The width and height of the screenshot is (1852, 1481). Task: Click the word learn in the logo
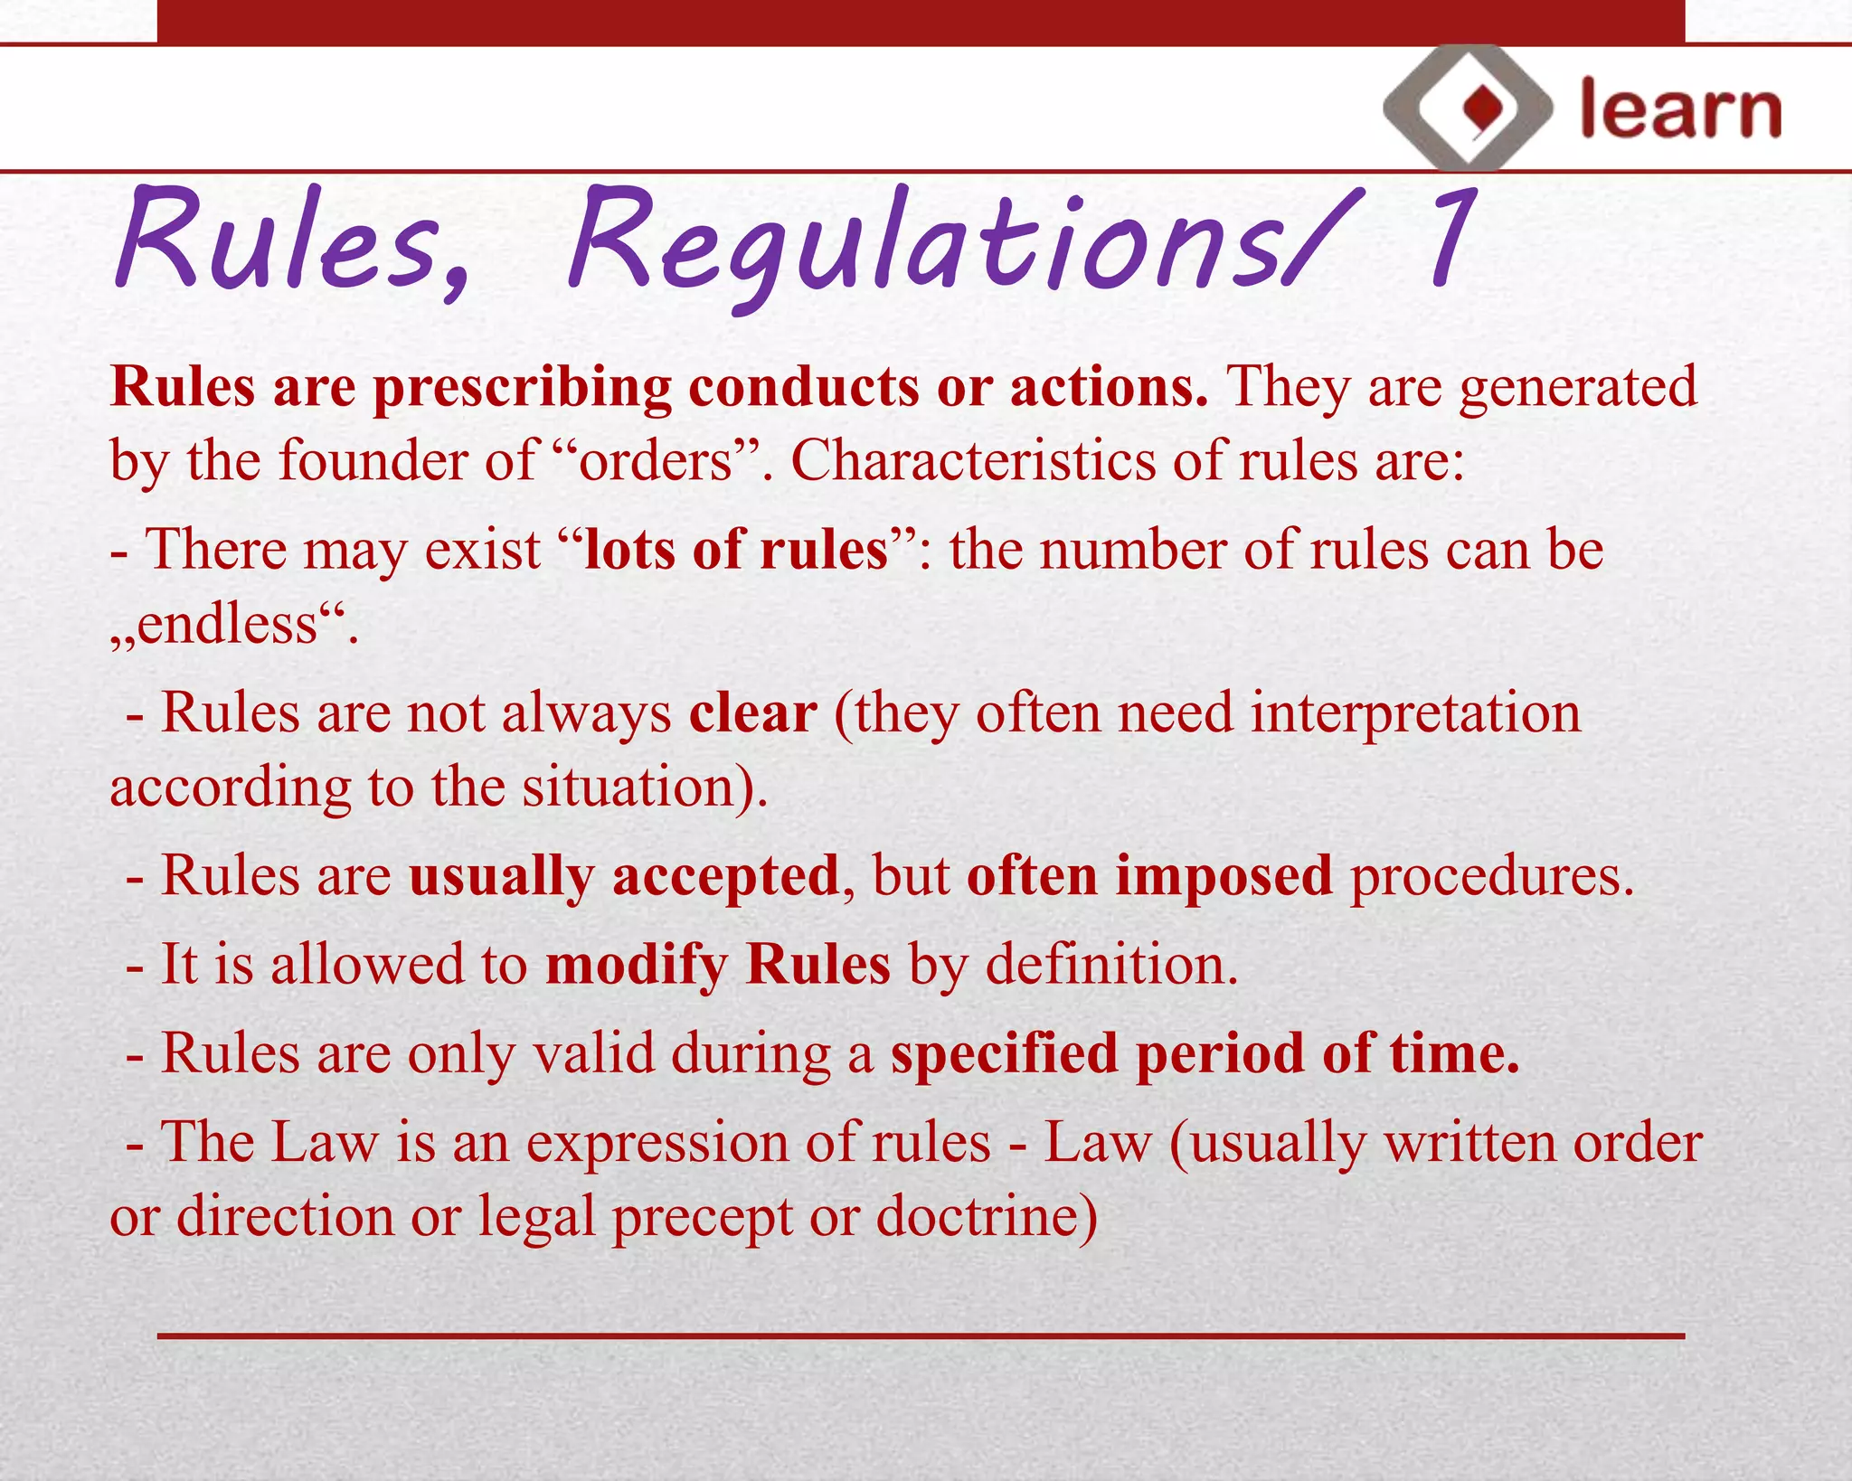[1680, 110]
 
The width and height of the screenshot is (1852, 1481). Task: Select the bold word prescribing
[522, 389]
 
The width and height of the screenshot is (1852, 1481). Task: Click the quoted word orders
[655, 461]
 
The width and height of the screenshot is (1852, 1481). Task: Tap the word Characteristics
[973, 461]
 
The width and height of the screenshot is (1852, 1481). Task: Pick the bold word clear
[753, 713]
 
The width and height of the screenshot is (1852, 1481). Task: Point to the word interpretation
[1415, 713]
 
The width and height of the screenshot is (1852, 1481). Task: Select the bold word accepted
[725, 876]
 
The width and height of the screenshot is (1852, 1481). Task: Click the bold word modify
[636, 965]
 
